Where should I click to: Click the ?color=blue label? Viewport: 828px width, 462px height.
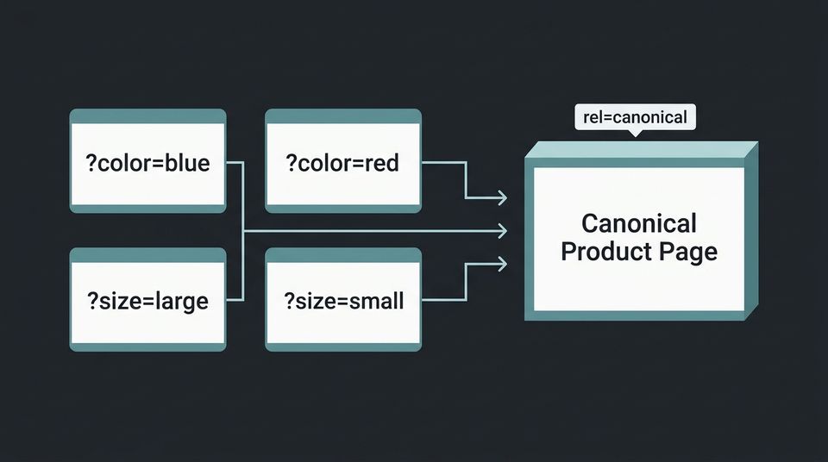pos(147,163)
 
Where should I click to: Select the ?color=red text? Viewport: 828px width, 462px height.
pos(342,163)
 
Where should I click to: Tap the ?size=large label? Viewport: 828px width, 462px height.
pos(147,301)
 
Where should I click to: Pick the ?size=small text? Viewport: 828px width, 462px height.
pos(343,301)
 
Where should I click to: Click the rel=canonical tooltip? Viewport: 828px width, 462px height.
pos(635,116)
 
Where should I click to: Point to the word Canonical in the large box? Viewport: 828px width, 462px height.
pos(638,223)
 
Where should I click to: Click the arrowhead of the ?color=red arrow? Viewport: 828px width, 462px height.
pos(502,197)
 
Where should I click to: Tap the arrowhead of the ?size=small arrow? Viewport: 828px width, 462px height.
pos(502,263)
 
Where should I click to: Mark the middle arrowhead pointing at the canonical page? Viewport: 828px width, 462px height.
pos(502,230)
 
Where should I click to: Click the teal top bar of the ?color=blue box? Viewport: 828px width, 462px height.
pos(147,115)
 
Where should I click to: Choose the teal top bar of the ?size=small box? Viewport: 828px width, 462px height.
pos(343,253)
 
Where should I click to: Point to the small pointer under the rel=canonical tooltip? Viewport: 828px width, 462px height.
pos(635,133)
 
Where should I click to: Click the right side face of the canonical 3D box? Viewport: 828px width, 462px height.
pos(750,233)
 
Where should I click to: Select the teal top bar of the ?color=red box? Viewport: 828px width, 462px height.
pos(343,115)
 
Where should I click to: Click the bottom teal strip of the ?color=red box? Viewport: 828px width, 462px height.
pos(343,208)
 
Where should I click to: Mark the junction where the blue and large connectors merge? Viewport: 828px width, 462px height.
pos(245,231)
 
